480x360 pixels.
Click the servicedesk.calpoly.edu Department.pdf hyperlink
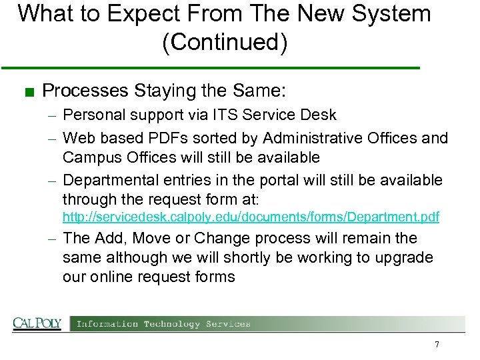pos(251,217)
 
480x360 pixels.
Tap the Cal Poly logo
pos(37,324)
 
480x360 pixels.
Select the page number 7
pos(437,345)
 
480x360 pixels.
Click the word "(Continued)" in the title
pos(225,43)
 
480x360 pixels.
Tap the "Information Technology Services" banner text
pos(163,324)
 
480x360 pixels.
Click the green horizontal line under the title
pos(210,68)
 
